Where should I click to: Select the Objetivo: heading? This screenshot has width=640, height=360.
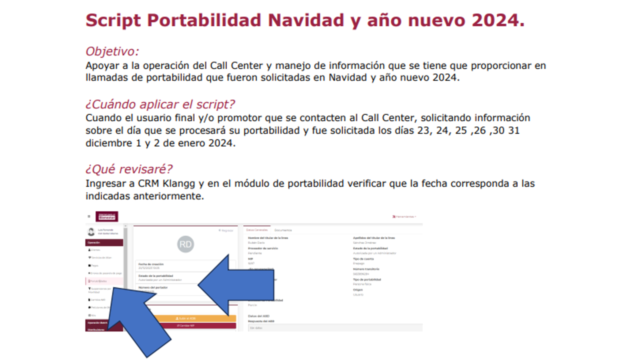[x=112, y=51]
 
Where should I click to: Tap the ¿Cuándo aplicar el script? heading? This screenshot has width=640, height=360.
[x=160, y=104]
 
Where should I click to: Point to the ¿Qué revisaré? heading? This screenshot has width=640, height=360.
[x=129, y=169]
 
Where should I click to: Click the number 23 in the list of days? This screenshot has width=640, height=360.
[x=416, y=130]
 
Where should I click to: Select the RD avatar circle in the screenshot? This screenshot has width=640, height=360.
[x=185, y=244]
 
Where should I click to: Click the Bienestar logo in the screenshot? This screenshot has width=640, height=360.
[x=106, y=216]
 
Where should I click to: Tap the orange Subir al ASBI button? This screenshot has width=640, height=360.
[x=185, y=318]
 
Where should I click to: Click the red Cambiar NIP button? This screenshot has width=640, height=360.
[x=185, y=325]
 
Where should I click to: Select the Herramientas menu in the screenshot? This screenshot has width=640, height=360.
[x=404, y=216]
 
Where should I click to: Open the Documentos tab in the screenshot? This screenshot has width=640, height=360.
[x=283, y=230]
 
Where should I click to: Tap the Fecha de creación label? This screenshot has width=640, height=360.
[x=150, y=264]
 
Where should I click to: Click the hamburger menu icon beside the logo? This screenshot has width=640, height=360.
[x=89, y=216]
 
